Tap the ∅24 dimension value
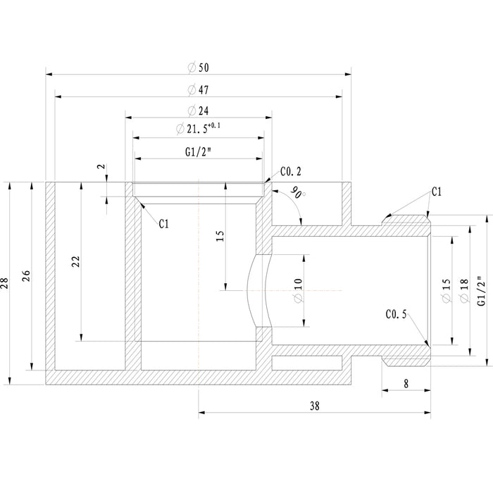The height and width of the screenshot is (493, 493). (199, 111)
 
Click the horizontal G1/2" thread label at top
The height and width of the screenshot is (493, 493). (199, 151)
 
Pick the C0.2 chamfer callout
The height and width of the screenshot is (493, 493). (290, 170)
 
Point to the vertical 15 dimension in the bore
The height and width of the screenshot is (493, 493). (220, 237)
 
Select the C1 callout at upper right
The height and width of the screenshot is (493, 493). (436, 191)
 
